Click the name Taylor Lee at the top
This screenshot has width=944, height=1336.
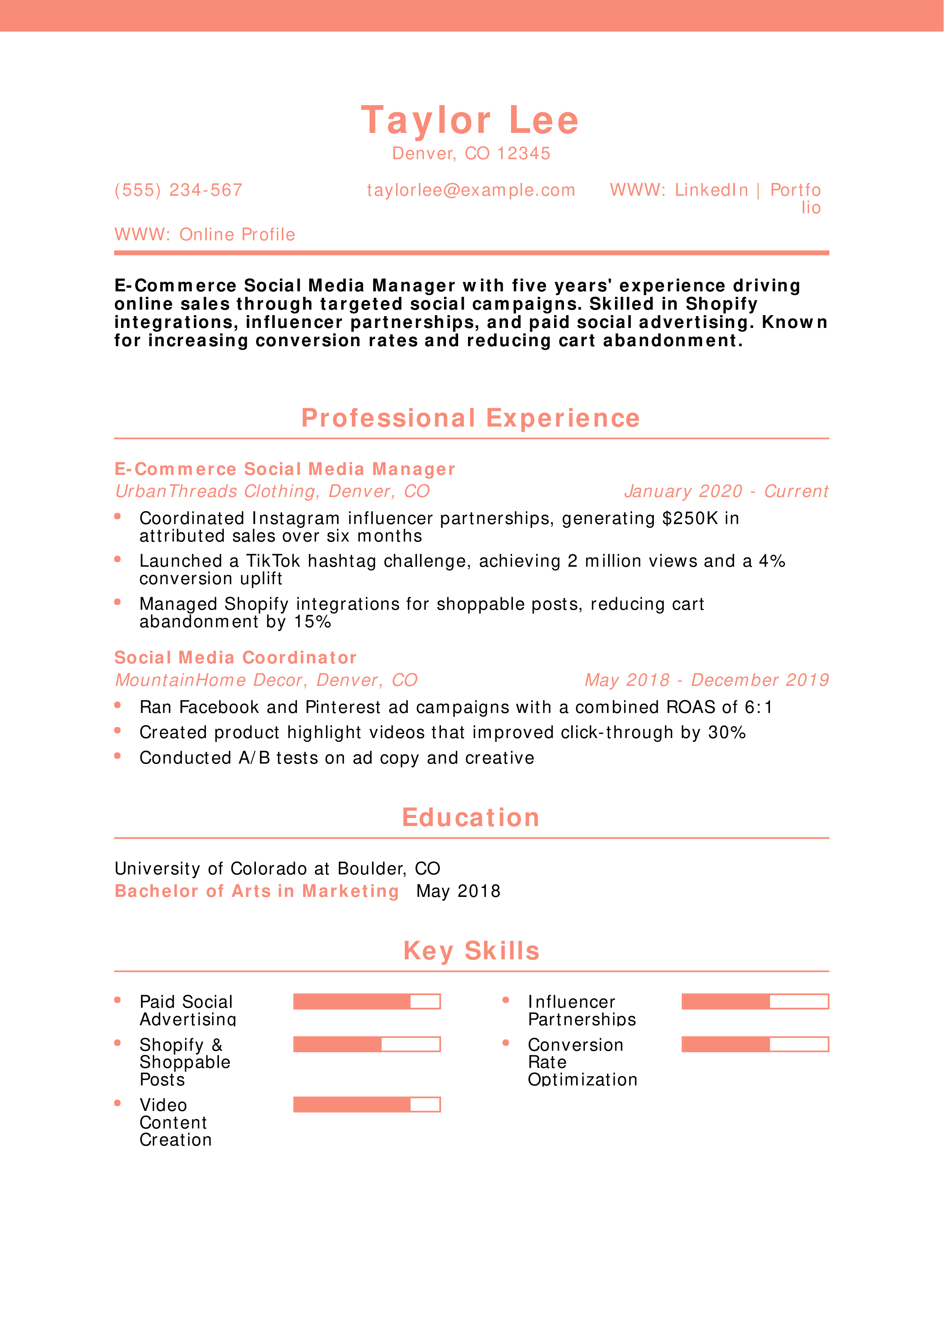470,120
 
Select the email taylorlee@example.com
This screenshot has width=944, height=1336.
471,190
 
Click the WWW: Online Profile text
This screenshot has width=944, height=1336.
205,235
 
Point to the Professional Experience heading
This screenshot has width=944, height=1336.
471,419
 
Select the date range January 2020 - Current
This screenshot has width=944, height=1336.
726,492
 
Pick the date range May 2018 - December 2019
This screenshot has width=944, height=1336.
706,680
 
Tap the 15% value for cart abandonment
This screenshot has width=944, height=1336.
312,622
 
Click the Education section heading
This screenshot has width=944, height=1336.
471,818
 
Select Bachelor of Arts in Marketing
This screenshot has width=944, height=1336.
257,892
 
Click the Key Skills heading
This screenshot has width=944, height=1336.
471,951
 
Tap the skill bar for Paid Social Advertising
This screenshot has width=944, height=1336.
366,1001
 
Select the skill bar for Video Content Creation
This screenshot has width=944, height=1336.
366,1104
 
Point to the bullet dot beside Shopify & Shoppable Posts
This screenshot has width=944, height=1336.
118,1043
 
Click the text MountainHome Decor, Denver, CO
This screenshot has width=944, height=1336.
266,680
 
